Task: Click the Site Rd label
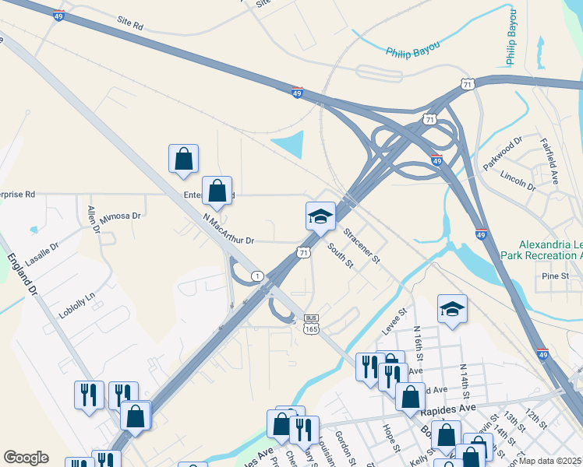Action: (x=131, y=26)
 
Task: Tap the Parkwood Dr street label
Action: (x=502, y=154)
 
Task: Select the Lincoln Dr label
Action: (x=518, y=181)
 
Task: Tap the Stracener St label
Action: (x=362, y=244)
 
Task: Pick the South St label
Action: (x=341, y=256)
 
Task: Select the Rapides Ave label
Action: (x=447, y=409)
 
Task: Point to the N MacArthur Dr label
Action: (x=228, y=230)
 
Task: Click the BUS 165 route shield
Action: (x=312, y=324)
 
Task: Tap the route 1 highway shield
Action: (x=257, y=276)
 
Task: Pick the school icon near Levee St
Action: (x=452, y=309)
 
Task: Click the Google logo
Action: (x=26, y=458)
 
